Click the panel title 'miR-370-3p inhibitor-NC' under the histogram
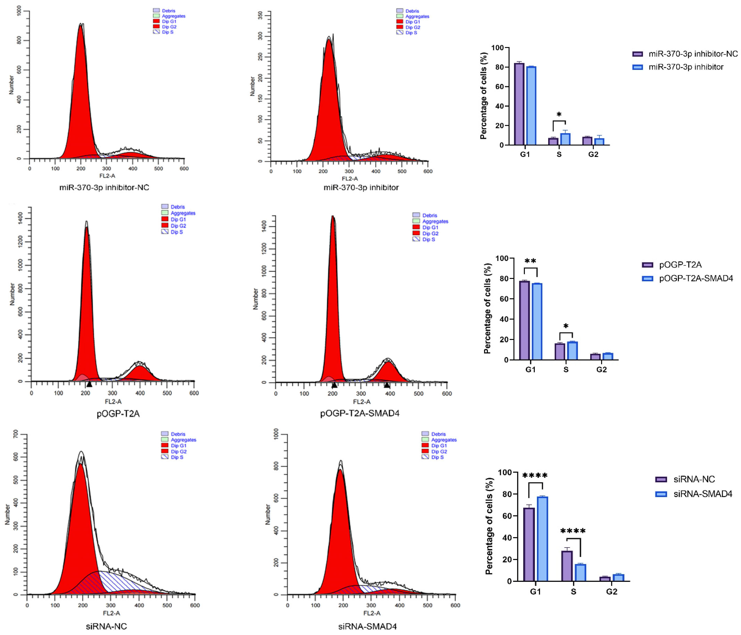tap(104, 187)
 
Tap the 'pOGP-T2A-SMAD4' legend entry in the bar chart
tap(696, 278)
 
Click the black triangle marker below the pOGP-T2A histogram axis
tap(89, 384)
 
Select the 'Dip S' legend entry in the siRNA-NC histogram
tap(177, 457)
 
